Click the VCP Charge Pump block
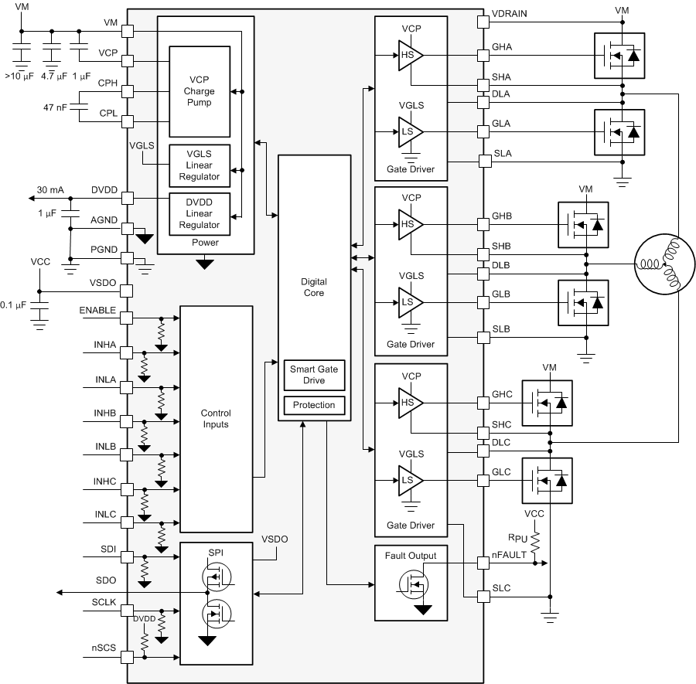pos(200,91)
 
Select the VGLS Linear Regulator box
pos(200,165)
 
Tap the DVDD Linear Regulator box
pos(200,213)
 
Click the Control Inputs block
pos(216,418)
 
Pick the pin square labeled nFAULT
pos(484,554)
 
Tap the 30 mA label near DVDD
pos(50,189)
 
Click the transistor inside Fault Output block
pos(413,587)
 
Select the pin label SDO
pos(106,580)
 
